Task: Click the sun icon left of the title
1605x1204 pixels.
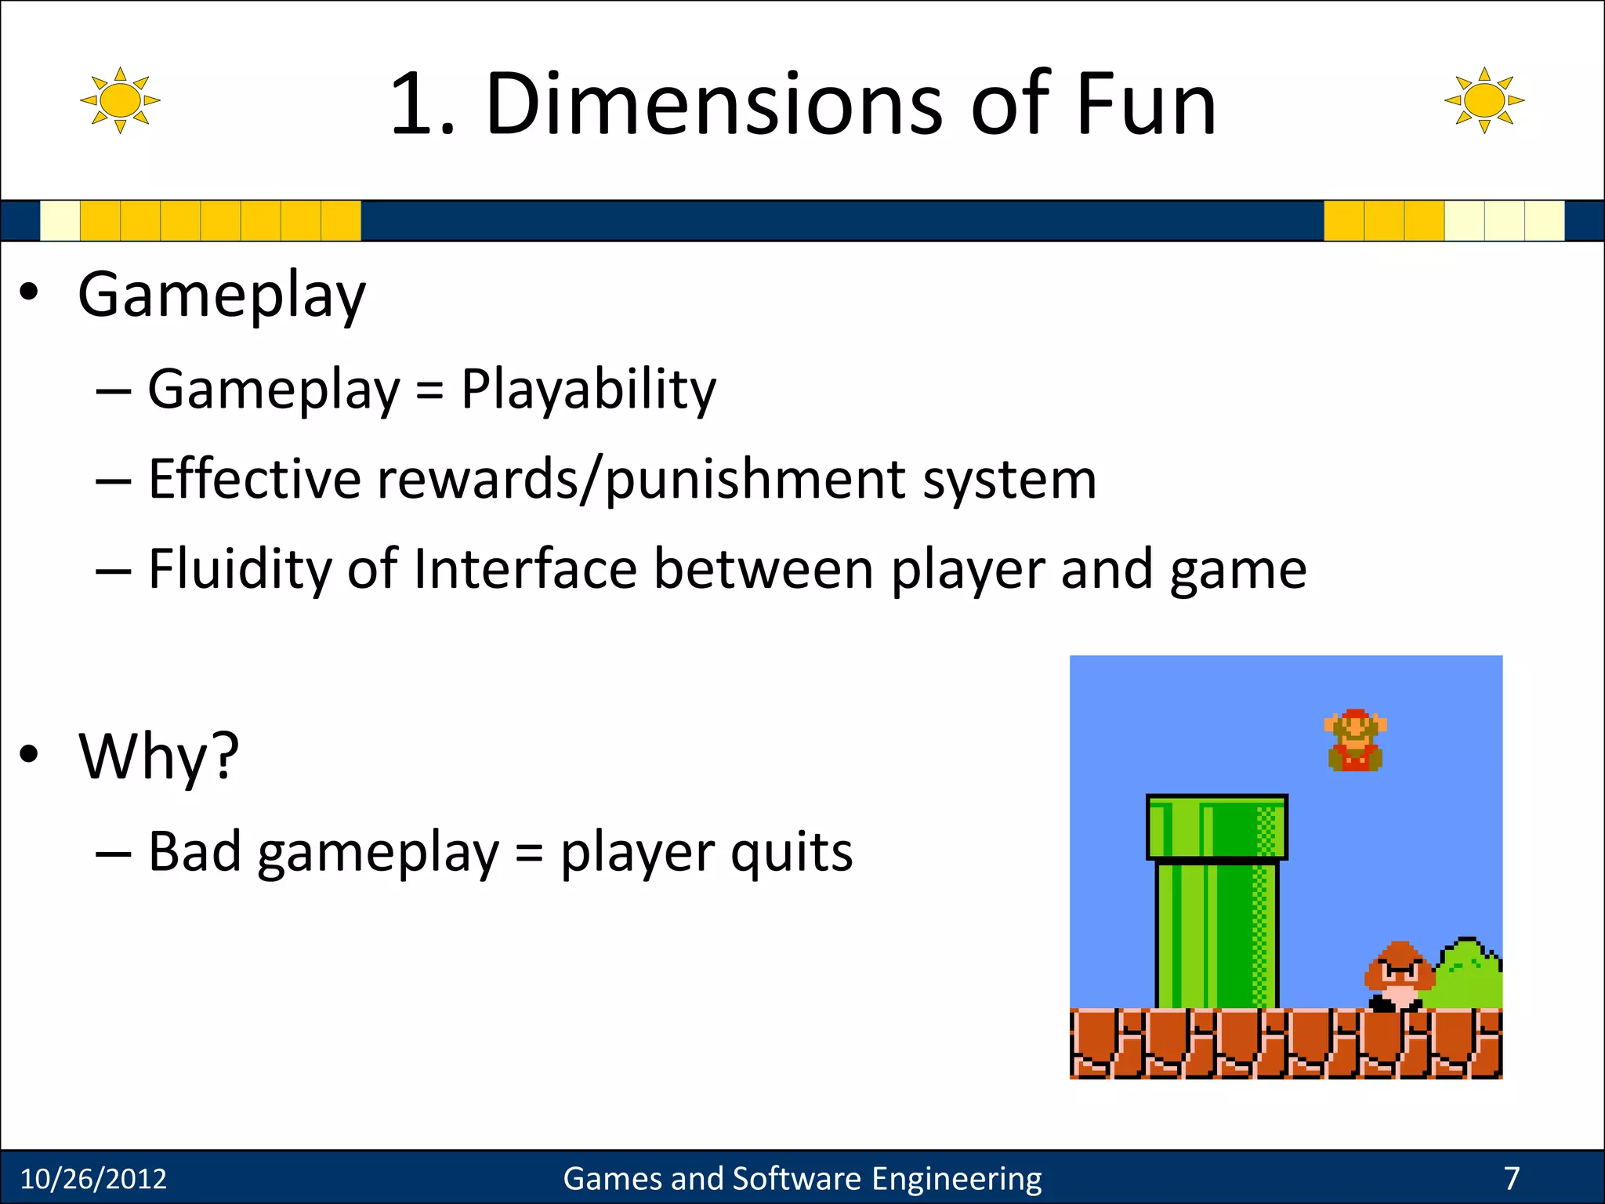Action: click(x=120, y=100)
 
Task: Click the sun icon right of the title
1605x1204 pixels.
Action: click(x=1484, y=100)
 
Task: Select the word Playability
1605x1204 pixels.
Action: click(x=588, y=390)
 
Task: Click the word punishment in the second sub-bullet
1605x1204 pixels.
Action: click(x=755, y=480)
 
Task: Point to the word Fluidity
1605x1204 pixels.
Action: click(x=239, y=569)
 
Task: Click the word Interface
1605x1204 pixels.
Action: click(x=525, y=569)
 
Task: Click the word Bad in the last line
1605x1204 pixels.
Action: click(x=194, y=852)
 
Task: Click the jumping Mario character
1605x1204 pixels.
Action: click(x=1355, y=741)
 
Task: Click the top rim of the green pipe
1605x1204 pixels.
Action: click(x=1216, y=827)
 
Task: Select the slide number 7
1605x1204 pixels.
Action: click(x=1511, y=1178)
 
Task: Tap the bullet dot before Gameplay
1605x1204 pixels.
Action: click(x=29, y=293)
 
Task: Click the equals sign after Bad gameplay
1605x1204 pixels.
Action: click(x=529, y=854)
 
